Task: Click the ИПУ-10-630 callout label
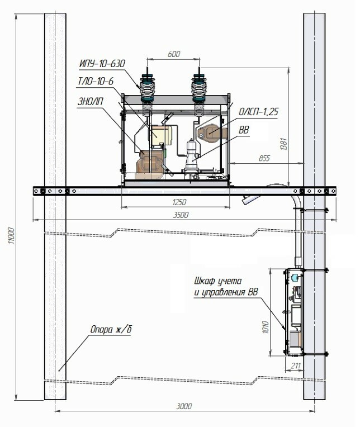point(102,64)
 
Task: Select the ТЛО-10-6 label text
point(96,82)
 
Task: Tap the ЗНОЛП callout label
point(91,102)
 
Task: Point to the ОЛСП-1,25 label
point(258,112)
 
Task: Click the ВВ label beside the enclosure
point(244,130)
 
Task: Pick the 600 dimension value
point(174,54)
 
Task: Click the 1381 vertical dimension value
point(283,144)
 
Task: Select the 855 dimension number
point(264,158)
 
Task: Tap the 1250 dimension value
point(179,202)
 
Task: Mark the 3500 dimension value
point(181,215)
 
